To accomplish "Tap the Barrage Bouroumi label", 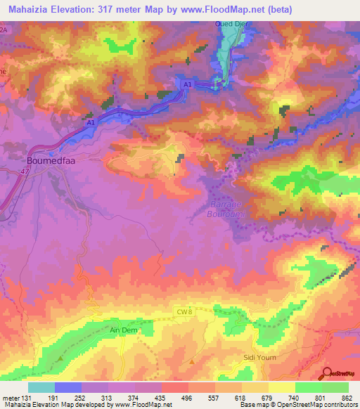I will pos(226,209).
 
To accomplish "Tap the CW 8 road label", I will pos(182,311).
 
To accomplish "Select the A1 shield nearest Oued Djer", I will pos(187,84).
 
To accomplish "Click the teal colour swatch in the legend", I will pos(41,388).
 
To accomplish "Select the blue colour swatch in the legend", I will pos(68,388).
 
